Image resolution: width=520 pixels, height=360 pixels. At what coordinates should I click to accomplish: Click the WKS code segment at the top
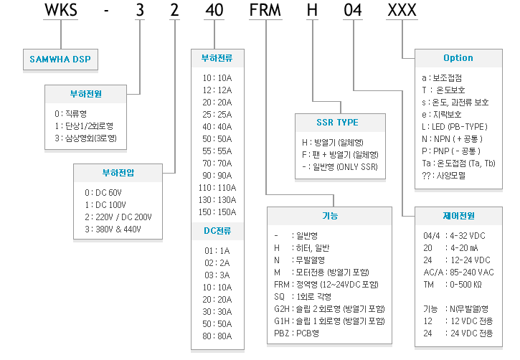pyautogui.click(x=61, y=9)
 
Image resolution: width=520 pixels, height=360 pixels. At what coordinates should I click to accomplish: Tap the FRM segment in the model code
pyautogui.click(x=265, y=9)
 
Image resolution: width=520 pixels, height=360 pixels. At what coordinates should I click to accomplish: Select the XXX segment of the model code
pyautogui.click(x=402, y=9)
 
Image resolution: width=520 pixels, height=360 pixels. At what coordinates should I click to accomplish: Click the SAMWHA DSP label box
pyautogui.click(x=60, y=60)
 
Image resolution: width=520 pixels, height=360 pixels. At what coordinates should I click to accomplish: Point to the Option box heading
pyautogui.click(x=458, y=58)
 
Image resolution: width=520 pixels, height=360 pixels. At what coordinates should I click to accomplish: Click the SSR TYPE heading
pyautogui.click(x=338, y=123)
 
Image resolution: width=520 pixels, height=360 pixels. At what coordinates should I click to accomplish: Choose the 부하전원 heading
pyautogui.click(x=86, y=94)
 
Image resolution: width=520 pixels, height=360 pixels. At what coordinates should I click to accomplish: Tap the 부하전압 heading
pyautogui.click(x=118, y=173)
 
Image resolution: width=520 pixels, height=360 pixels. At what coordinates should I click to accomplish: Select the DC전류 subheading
pyautogui.click(x=217, y=231)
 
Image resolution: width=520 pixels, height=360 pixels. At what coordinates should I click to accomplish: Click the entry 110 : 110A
pyautogui.click(x=217, y=188)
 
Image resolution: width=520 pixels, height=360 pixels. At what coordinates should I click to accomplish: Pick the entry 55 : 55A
pyautogui.click(x=217, y=151)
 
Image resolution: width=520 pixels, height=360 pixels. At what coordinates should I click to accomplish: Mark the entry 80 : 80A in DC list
pyautogui.click(x=217, y=336)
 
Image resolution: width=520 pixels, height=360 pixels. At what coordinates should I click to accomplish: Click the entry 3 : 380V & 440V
pyautogui.click(x=113, y=229)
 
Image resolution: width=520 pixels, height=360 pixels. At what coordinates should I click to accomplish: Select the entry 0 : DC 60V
pyautogui.click(x=103, y=193)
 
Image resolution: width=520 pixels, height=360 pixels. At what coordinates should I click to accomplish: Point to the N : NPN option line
pyautogui.click(x=452, y=139)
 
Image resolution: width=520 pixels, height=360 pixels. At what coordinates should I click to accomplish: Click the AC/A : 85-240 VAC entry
pyautogui.click(x=458, y=273)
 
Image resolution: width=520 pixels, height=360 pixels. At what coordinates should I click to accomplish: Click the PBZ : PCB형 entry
pyautogui.click(x=296, y=333)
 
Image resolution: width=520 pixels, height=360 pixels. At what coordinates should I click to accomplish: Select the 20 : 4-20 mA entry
pyautogui.click(x=450, y=248)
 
